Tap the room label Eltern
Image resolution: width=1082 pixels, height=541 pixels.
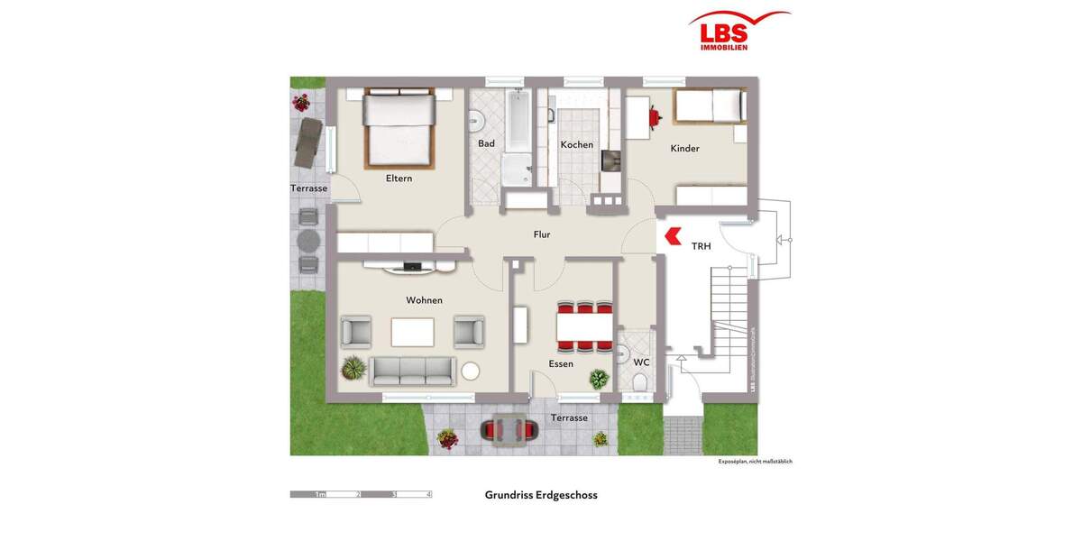(399, 179)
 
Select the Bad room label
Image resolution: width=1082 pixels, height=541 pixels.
(486, 143)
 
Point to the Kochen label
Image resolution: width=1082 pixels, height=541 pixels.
(576, 145)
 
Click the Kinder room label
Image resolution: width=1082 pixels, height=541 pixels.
(684, 149)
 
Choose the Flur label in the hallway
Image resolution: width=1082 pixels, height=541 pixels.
(541, 234)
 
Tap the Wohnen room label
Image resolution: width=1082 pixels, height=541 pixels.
(424, 300)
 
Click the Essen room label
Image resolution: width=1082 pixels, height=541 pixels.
(561, 364)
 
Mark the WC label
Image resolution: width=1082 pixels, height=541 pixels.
(641, 362)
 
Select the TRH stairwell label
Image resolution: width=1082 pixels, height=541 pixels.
(701, 245)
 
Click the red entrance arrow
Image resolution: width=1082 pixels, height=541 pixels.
(672, 236)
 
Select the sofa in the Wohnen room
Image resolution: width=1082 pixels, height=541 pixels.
(413, 371)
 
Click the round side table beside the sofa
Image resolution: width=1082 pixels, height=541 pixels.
(470, 371)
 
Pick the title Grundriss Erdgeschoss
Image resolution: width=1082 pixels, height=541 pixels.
(541, 495)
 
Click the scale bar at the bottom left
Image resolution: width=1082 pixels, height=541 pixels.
(361, 494)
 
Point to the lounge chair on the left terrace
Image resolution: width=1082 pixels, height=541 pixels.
(307, 142)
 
